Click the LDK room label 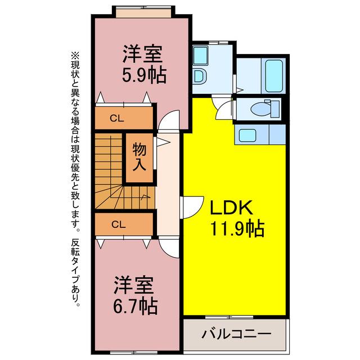(x=231, y=208)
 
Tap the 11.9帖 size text (x=237, y=229)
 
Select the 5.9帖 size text (x=144, y=75)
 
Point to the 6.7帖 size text (x=136, y=306)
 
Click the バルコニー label (x=236, y=334)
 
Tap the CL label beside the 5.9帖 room (x=117, y=119)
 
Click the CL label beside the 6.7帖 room (x=119, y=224)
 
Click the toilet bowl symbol (x=265, y=109)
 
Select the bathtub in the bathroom (x=274, y=76)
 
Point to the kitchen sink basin (x=247, y=135)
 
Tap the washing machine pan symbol (x=201, y=56)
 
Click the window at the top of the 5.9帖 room (x=144, y=12)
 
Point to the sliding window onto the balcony (x=229, y=317)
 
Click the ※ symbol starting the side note (x=75, y=55)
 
